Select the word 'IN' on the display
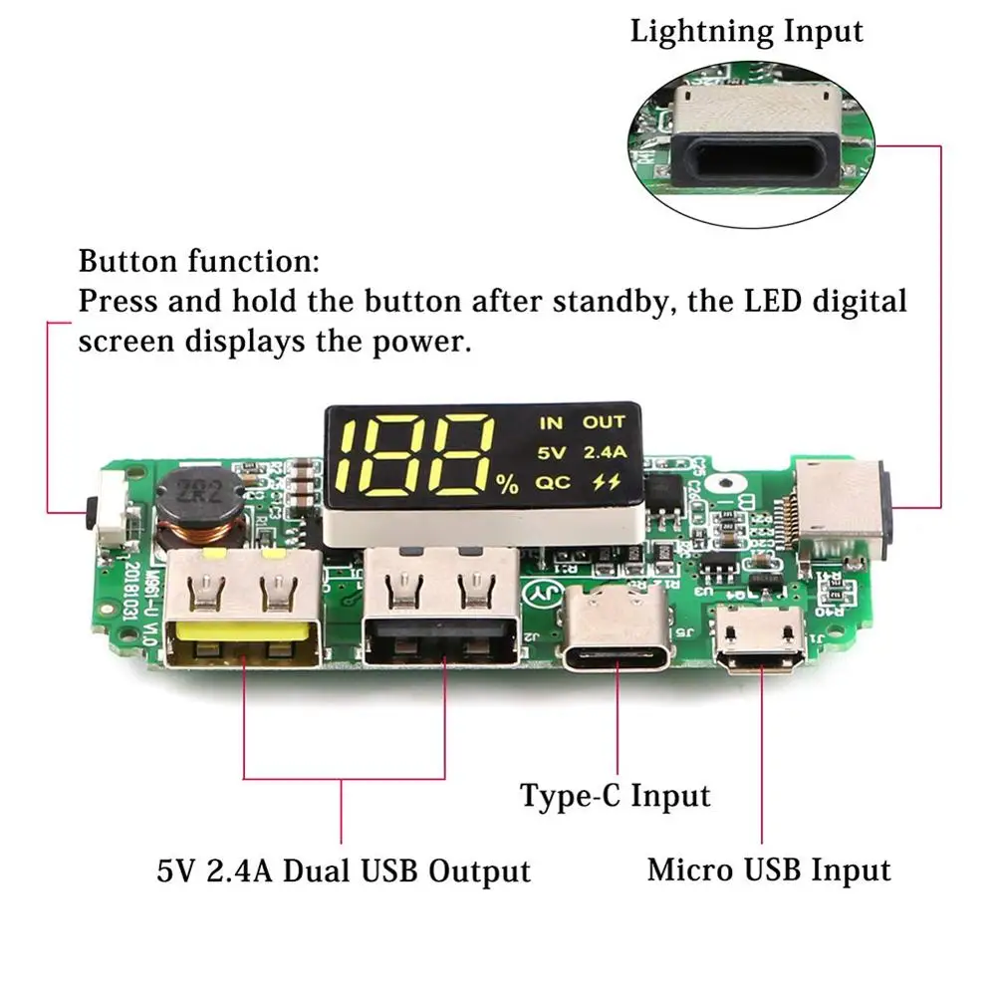(551, 423)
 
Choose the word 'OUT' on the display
(604, 423)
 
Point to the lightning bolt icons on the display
(605, 483)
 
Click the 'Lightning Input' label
(746, 30)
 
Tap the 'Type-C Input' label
(616, 796)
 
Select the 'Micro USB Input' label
(769, 870)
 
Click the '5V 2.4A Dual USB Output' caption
(344, 871)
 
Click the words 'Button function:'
(199, 263)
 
